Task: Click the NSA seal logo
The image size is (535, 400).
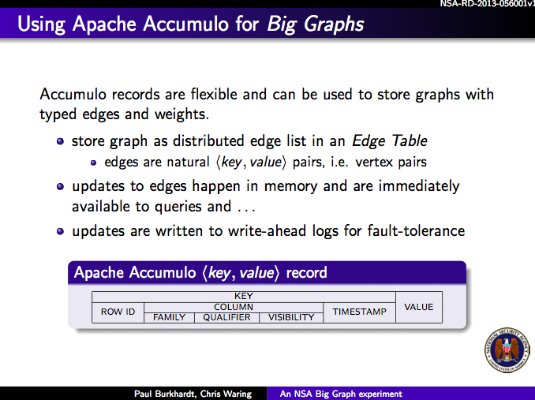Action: point(507,350)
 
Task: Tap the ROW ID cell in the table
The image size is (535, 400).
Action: point(118,312)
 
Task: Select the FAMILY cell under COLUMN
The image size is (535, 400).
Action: point(169,317)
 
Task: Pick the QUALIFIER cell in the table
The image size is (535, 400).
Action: point(227,317)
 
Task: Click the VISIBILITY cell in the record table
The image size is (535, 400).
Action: point(291,317)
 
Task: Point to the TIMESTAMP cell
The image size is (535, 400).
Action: point(359,312)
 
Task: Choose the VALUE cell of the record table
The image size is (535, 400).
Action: point(419,307)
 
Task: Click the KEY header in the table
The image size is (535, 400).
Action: point(244,296)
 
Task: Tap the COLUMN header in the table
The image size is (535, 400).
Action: point(234,307)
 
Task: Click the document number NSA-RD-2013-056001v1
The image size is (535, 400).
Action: point(487,4)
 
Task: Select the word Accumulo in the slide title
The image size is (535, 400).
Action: point(185,24)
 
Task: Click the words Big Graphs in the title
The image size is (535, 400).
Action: point(316,24)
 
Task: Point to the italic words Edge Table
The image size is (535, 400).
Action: point(390,140)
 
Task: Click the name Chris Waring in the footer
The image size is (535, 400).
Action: point(226,394)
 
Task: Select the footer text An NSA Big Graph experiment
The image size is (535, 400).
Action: point(341,394)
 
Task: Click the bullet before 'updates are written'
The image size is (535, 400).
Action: point(61,231)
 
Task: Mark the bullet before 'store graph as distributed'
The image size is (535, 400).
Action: point(61,141)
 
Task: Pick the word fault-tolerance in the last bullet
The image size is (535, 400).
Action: point(416,230)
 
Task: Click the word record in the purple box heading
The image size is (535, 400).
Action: point(306,272)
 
